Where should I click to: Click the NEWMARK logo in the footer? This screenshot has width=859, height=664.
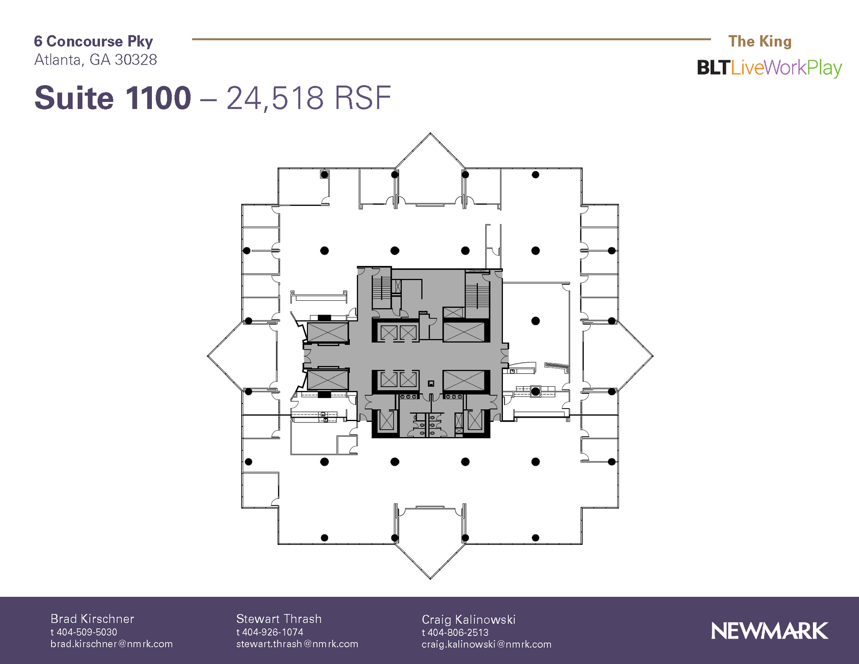[769, 631]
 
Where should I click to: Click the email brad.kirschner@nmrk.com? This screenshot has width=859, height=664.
[112, 644]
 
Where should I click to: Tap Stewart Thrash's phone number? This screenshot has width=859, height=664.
[270, 632]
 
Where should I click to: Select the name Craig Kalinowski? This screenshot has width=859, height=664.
[469, 620]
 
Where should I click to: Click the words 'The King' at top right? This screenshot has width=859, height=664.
[760, 41]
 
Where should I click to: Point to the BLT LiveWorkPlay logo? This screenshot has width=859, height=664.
[769, 68]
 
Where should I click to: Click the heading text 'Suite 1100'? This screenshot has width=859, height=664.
[112, 98]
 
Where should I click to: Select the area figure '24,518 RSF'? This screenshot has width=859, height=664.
[309, 98]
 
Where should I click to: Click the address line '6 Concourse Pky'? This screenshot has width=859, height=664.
[94, 41]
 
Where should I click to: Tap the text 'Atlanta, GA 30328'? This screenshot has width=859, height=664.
[96, 60]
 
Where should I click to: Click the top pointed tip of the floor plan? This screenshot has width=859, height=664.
[430, 133]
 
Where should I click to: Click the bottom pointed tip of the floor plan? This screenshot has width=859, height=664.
[430, 579]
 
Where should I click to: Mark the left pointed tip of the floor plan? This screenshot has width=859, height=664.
[208, 356]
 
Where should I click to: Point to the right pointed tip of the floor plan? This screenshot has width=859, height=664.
[653, 356]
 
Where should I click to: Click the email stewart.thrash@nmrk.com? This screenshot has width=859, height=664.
[297, 644]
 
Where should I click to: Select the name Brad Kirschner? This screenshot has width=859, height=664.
[92, 619]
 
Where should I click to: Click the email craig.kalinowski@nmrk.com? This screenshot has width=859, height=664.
[487, 644]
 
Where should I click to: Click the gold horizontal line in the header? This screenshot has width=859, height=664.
[451, 39]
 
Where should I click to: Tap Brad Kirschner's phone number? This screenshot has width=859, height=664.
[84, 632]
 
